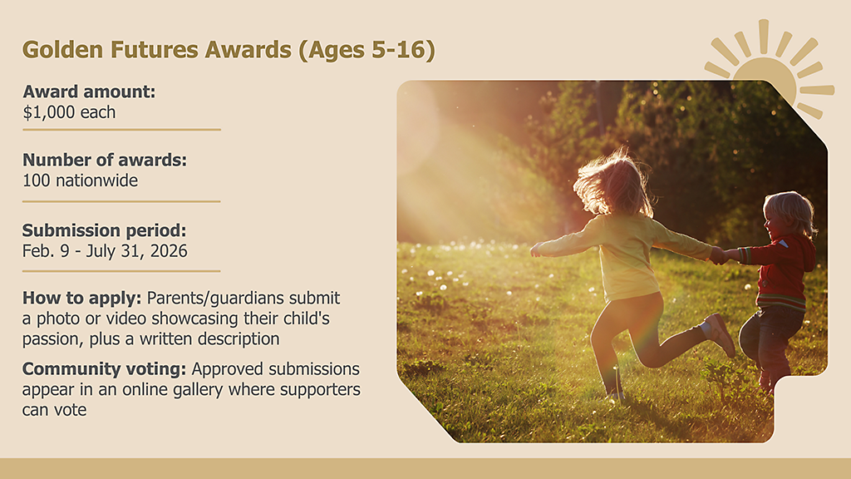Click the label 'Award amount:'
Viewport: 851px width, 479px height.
(x=89, y=91)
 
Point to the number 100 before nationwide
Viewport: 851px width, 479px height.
(x=37, y=180)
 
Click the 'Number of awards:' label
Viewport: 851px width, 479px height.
(x=105, y=160)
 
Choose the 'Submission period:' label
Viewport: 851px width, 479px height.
(x=104, y=230)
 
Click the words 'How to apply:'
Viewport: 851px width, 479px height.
(x=82, y=298)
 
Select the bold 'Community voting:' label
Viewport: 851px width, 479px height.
(x=106, y=368)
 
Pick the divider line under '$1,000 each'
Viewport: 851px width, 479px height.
(x=121, y=130)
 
